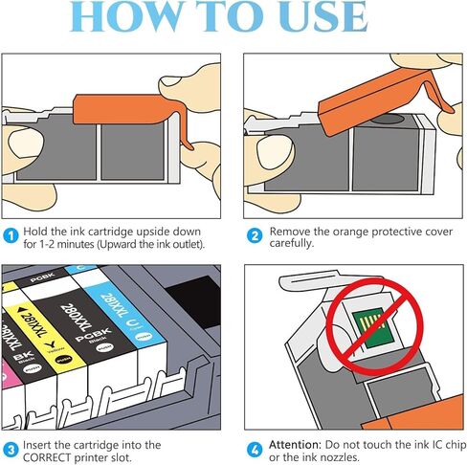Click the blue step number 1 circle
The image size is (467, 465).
tap(11, 233)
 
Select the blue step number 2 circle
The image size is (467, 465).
tap(254, 233)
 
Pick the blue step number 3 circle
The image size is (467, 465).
tap(11, 446)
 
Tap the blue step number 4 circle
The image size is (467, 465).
tap(254, 446)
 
